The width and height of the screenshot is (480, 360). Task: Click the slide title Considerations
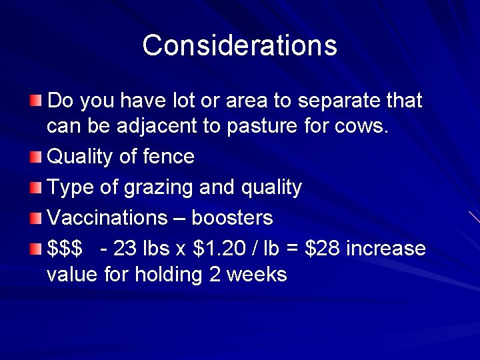pyautogui.click(x=239, y=45)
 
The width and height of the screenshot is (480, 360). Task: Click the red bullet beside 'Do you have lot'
pyautogui.click(x=35, y=101)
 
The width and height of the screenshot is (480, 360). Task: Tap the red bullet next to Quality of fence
pyautogui.click(x=35, y=157)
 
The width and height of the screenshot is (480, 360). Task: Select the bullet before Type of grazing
pyautogui.click(x=35, y=188)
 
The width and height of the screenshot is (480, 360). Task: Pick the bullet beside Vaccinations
pyautogui.click(x=35, y=218)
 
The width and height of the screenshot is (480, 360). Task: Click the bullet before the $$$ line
pyautogui.click(x=35, y=249)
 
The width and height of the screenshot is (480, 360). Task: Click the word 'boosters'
pyautogui.click(x=232, y=218)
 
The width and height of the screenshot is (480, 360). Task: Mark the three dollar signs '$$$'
pyautogui.click(x=64, y=249)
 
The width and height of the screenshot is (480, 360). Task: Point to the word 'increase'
pyautogui.click(x=386, y=249)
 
